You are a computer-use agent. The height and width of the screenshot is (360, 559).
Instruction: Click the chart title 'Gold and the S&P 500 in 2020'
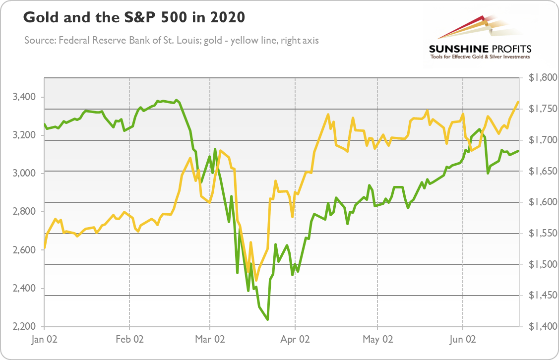(x=134, y=18)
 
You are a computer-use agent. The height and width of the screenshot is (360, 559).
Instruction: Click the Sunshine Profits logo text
(x=479, y=49)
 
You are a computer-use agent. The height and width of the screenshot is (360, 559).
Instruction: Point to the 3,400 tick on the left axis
(x=26, y=97)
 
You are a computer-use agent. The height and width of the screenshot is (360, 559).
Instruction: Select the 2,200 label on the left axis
(x=26, y=327)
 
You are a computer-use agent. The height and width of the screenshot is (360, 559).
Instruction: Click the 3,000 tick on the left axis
(x=26, y=173)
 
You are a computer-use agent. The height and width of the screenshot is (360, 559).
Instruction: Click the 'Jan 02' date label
(x=45, y=340)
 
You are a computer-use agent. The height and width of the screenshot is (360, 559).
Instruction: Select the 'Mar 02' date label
(x=210, y=340)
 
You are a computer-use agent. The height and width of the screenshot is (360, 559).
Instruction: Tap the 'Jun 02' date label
(x=463, y=340)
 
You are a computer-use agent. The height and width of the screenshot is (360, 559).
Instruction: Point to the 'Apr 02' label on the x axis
(x=295, y=340)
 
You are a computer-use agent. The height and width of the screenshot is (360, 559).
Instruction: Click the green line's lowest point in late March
(x=268, y=319)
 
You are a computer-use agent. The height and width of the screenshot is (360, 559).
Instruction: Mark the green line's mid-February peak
(x=177, y=100)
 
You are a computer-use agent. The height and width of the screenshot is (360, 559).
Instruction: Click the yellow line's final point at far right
(x=518, y=102)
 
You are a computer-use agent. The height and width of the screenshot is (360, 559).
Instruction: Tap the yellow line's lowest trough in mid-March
(x=256, y=280)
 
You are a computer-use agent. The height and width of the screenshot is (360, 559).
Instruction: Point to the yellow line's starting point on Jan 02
(x=45, y=247)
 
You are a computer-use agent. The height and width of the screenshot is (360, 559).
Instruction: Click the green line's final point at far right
(x=518, y=151)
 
